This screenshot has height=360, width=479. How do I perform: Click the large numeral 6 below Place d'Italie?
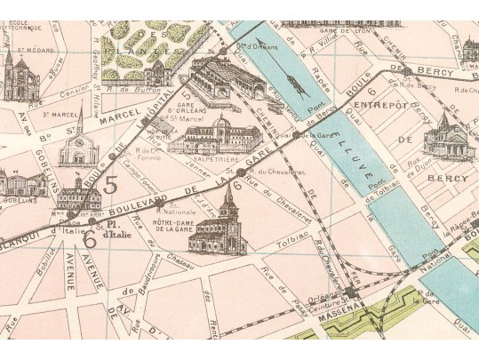click(x=90, y=239)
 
